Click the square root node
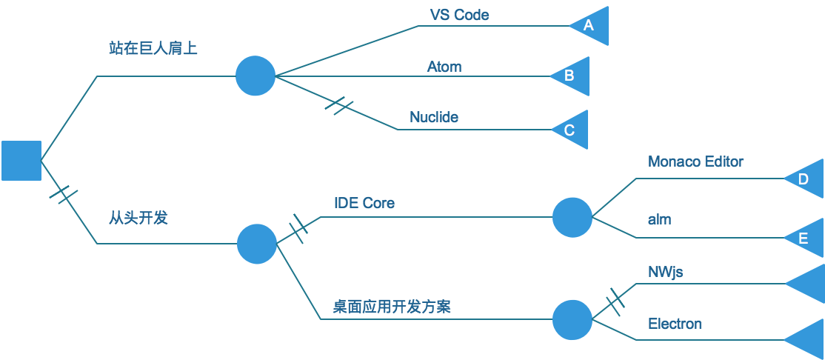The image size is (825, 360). (21, 160)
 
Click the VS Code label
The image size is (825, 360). (459, 15)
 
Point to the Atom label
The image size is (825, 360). (444, 67)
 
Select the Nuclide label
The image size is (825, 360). (434, 117)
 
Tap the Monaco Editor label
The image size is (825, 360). (695, 161)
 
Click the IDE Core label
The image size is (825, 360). (364, 203)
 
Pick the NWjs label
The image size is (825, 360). (665, 273)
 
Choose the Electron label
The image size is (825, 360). (675, 324)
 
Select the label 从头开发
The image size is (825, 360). (138, 218)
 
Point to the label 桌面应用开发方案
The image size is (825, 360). (392, 307)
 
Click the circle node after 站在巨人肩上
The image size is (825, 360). (255, 76)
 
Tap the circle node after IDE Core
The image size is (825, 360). (572, 217)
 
